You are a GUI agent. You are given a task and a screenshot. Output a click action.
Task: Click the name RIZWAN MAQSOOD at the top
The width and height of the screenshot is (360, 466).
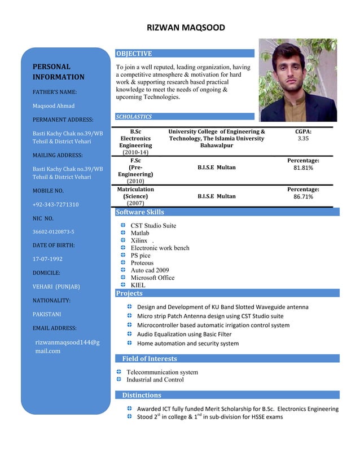[x=186, y=28]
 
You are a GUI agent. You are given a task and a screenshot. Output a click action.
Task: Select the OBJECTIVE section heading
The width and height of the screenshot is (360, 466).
[x=134, y=54]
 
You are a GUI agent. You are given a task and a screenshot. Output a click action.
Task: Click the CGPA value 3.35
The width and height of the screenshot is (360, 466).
[x=303, y=138]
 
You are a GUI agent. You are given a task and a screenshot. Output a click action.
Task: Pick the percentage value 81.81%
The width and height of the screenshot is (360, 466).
[x=303, y=168]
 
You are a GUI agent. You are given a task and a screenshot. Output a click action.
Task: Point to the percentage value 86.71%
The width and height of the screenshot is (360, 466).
[x=303, y=197]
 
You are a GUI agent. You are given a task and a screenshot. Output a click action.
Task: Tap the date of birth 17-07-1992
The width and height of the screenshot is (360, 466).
[x=47, y=259]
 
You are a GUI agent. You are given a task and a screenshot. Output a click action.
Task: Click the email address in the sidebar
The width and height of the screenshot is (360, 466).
[x=67, y=346]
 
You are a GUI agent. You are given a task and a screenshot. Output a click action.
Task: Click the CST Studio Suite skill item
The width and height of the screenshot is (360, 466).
[x=153, y=226]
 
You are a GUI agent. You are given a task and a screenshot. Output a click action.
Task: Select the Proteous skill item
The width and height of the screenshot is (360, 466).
[x=142, y=263]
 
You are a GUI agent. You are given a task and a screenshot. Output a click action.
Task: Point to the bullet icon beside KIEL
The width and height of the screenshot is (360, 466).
[x=123, y=285]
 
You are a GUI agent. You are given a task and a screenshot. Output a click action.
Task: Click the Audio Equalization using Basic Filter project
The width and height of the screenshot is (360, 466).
[x=184, y=334]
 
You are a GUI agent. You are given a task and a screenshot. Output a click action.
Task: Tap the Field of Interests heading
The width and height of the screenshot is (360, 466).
[x=150, y=358]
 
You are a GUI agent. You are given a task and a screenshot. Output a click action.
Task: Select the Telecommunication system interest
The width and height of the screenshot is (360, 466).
[x=162, y=372]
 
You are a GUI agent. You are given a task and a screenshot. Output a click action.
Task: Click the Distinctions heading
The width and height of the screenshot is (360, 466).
[x=142, y=395]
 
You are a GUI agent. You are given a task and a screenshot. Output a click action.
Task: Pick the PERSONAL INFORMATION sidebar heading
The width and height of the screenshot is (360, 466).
[x=59, y=72]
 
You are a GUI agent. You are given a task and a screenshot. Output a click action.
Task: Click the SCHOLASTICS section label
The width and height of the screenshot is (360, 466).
[x=134, y=117]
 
